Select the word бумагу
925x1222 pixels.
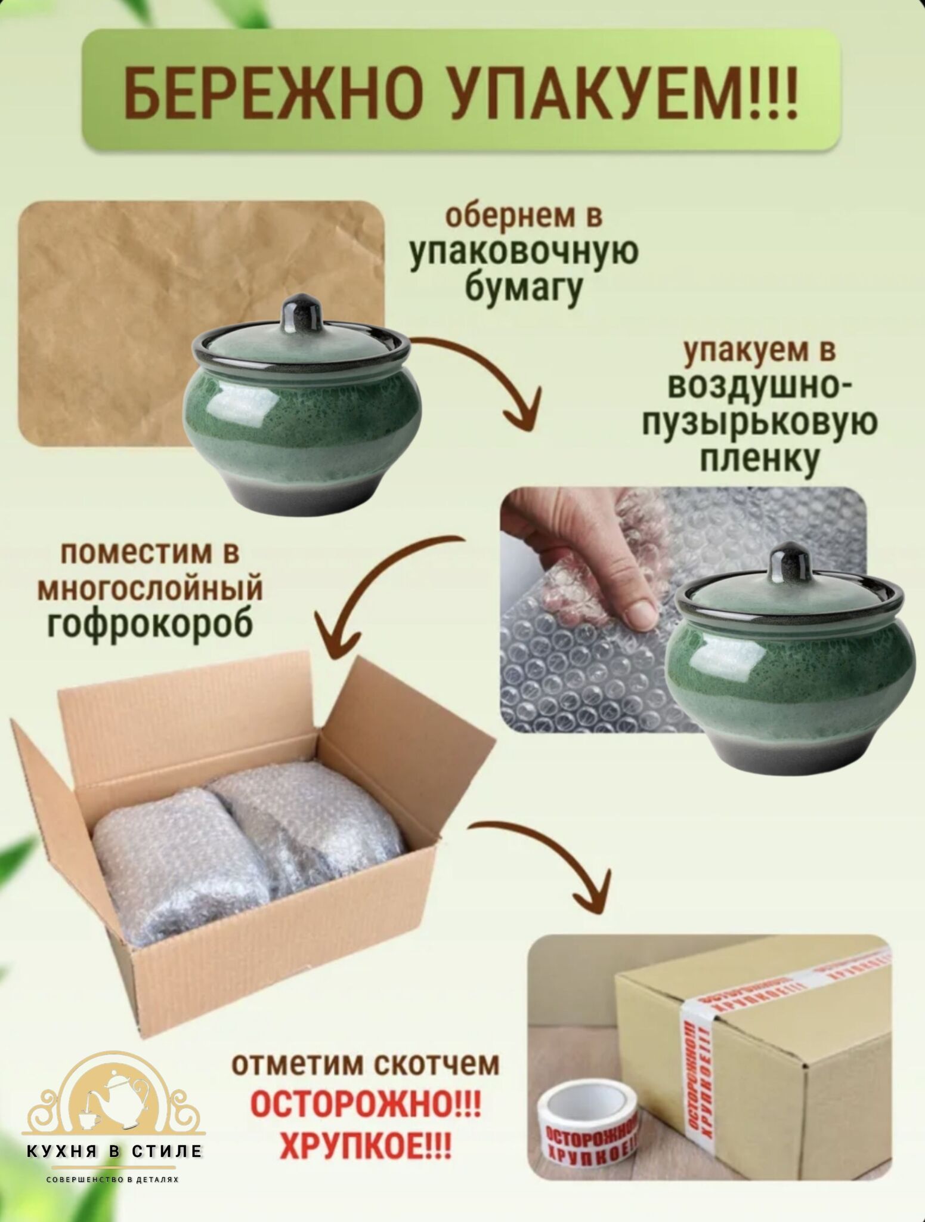pyautogui.click(x=522, y=291)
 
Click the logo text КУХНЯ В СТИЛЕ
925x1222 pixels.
pyautogui.click(x=115, y=1150)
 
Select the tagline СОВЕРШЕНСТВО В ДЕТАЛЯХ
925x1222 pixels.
pyautogui.click(x=113, y=1180)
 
